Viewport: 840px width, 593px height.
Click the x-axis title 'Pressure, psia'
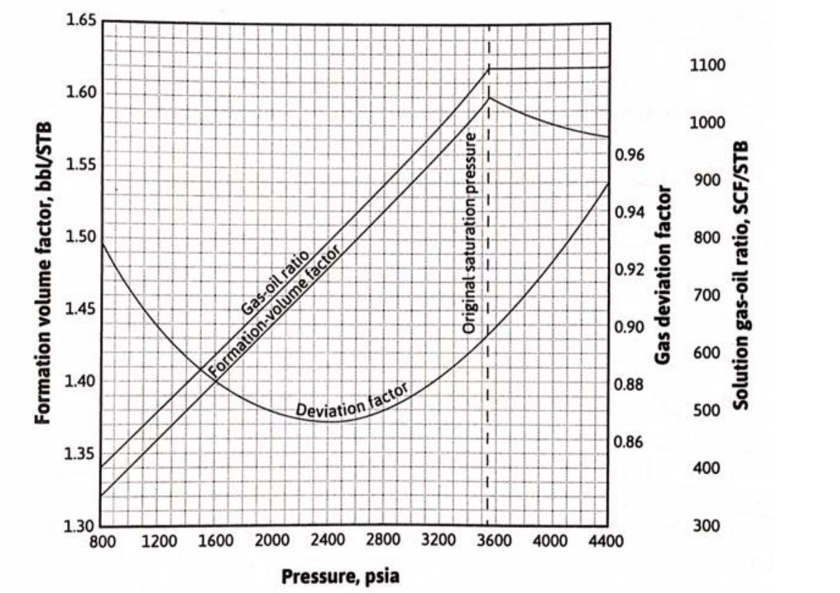click(x=341, y=576)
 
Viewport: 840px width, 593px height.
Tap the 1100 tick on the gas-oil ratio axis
click(x=708, y=66)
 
